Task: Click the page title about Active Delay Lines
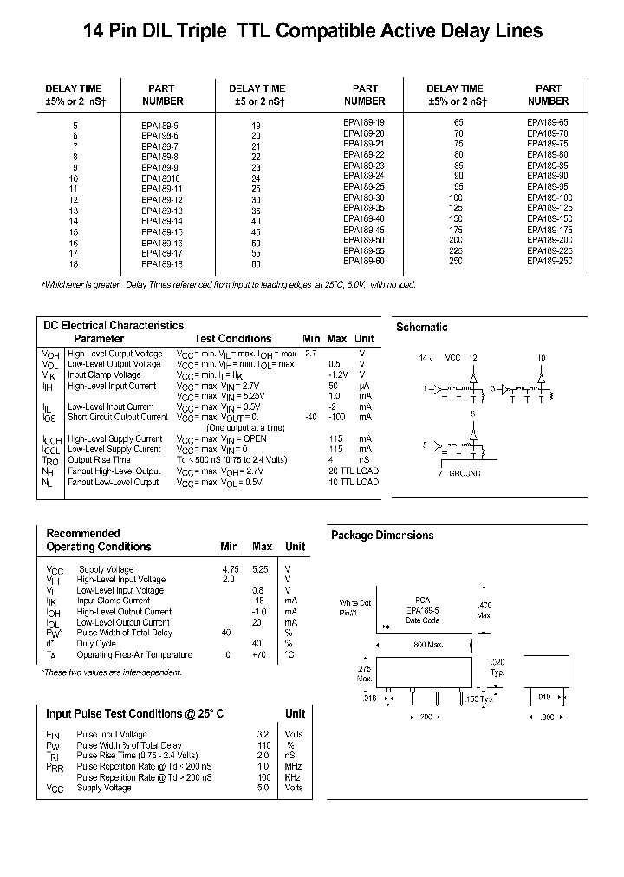click(312, 31)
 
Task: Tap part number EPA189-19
click(364, 123)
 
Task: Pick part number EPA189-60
click(364, 261)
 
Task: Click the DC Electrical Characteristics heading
click(114, 326)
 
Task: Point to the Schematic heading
click(421, 328)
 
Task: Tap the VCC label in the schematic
click(452, 357)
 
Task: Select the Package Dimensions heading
click(382, 536)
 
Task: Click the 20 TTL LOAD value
click(354, 471)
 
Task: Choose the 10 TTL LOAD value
click(354, 482)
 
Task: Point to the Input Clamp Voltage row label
click(103, 375)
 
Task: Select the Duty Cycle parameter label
click(96, 644)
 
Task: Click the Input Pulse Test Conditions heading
click(134, 713)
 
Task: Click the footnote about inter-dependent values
click(111, 672)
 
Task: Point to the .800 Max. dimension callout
click(426, 646)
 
